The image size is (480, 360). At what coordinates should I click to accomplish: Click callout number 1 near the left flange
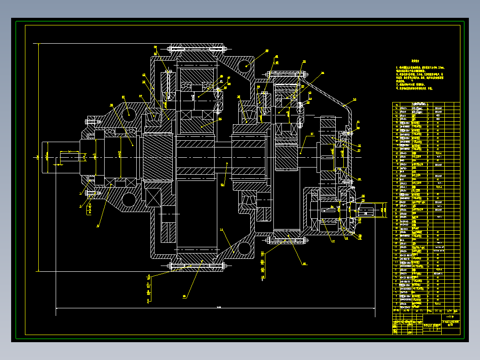pos(81,193)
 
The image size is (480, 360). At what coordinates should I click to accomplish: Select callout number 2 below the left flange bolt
pos(81,206)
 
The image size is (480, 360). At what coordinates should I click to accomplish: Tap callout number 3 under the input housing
pos(98,226)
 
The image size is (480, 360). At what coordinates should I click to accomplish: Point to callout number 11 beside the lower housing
pos(221,229)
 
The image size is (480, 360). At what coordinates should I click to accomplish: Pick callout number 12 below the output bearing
pos(333,241)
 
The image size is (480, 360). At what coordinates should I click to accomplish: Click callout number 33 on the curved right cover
pos(355,99)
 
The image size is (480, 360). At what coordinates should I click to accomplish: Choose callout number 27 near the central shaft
pos(312,134)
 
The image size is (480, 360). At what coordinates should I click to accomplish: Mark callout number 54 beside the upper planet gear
pos(220,119)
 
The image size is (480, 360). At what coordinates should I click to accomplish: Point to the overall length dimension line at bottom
pos(218,308)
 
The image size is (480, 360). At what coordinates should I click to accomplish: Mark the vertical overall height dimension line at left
pos(39,157)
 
